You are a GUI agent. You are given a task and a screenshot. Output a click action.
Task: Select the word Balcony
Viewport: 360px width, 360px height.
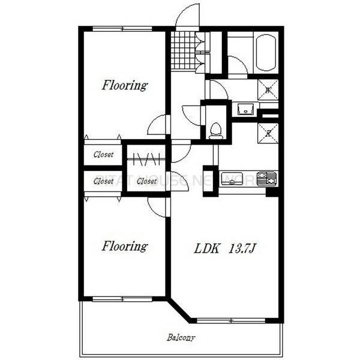[x=181, y=337]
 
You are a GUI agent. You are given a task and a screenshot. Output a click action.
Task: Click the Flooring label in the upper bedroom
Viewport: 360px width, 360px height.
[x=124, y=85]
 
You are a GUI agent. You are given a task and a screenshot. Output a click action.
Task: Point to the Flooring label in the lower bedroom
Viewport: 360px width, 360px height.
[x=124, y=245]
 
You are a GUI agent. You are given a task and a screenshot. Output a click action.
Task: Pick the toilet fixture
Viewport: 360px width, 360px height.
[x=215, y=130]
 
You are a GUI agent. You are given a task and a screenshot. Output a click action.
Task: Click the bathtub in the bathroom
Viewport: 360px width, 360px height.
[x=265, y=53]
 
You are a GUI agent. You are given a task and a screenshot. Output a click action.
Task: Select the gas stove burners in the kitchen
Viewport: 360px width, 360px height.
[x=267, y=178]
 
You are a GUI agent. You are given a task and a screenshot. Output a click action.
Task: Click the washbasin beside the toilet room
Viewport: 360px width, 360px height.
[x=245, y=109]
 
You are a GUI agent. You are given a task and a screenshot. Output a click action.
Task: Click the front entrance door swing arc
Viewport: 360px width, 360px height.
[x=188, y=15]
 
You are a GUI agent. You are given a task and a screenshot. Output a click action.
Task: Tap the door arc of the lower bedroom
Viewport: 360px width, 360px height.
[x=157, y=205]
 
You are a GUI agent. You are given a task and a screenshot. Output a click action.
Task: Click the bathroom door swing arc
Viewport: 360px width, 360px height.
[x=238, y=65]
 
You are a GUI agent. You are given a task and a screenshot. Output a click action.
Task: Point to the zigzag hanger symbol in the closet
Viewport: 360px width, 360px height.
[x=146, y=160]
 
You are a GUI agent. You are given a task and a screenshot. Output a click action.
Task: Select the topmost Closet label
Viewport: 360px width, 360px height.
[x=103, y=154]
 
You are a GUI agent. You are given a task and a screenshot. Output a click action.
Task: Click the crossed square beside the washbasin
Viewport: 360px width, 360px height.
[x=267, y=89]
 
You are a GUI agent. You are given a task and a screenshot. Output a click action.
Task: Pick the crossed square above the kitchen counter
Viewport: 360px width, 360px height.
[x=267, y=131]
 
